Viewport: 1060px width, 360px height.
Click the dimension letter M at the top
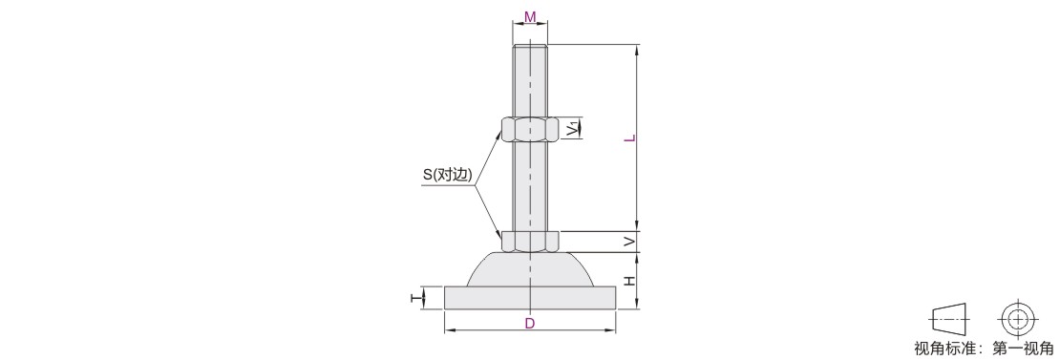coord(530,15)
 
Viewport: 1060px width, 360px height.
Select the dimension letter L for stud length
coord(629,138)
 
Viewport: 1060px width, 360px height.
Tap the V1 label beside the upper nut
coord(573,127)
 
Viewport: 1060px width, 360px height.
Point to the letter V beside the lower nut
coord(629,242)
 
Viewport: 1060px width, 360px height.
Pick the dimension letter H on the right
coord(629,281)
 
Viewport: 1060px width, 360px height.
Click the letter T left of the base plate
coord(415,297)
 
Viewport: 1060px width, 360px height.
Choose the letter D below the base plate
coord(530,324)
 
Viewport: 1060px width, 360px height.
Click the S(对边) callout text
coord(448,174)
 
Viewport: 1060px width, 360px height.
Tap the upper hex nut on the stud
coord(530,129)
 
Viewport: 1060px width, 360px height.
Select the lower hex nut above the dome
coord(530,242)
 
